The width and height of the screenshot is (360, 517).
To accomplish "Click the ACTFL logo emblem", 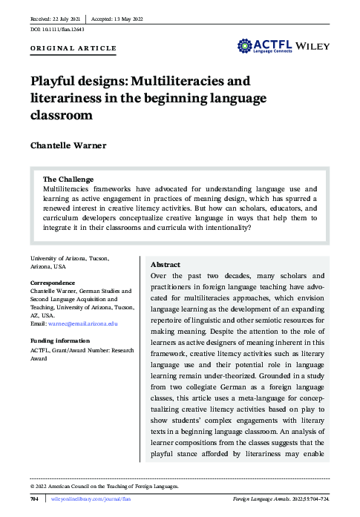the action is pos(248,46).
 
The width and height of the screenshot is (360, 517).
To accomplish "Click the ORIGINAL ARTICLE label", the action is pos(73,48).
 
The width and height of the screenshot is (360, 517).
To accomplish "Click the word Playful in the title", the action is pos(53,81).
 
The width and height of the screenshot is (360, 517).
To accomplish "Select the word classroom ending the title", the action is pos(62,115).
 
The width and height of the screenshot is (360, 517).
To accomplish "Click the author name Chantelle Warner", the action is pos(68,145).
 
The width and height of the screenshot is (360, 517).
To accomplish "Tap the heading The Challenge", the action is pos(68,180).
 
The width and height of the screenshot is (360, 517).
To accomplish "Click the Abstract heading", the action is pos(165,265).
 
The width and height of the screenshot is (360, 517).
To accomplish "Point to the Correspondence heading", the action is pos(53,283).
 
